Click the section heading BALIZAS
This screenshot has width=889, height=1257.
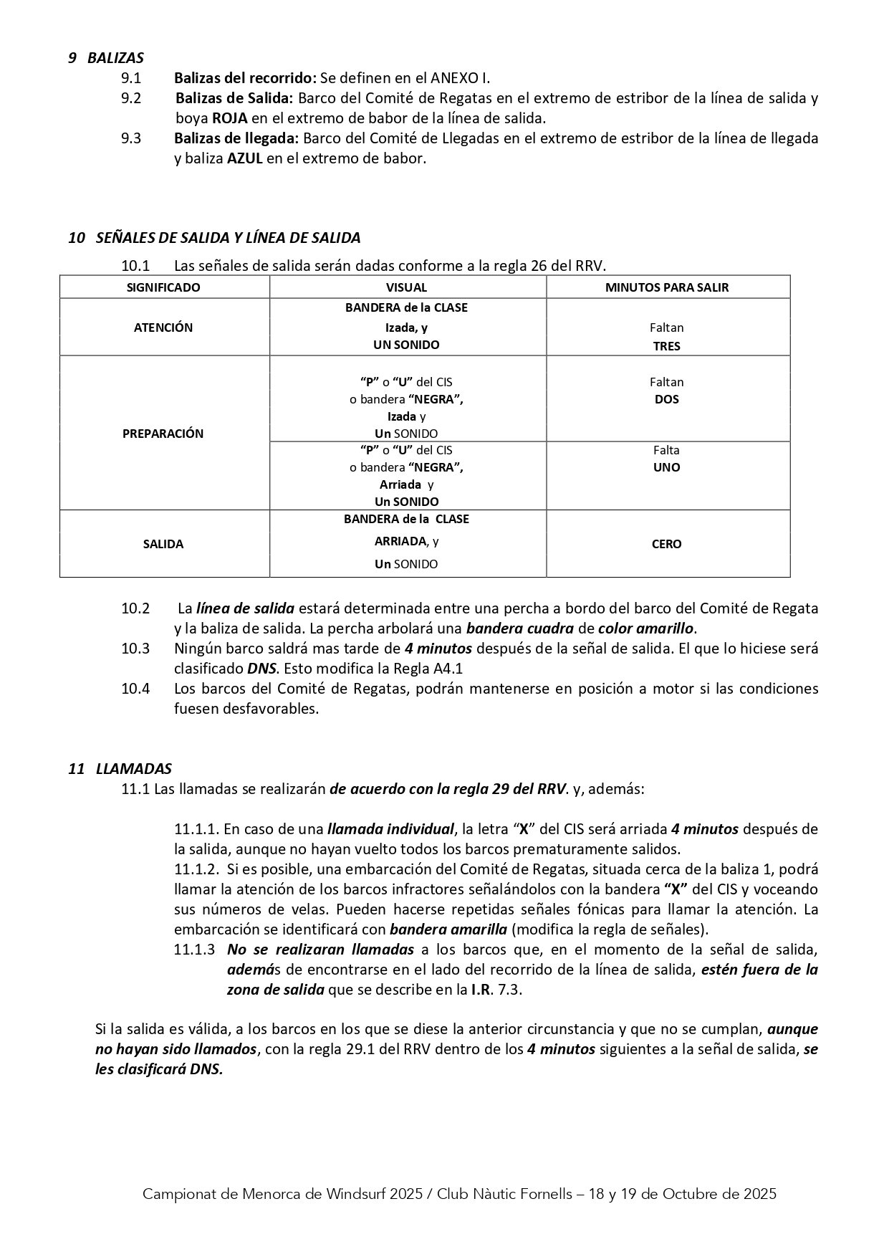[x=115, y=58]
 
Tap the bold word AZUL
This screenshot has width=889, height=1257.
[x=245, y=158]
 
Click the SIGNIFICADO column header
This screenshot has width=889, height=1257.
[x=163, y=287]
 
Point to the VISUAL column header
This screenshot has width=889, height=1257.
[x=406, y=287]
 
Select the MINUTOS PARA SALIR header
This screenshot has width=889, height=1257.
[x=666, y=287]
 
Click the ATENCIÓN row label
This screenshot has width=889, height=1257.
[x=163, y=328]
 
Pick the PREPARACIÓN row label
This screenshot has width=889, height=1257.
[x=163, y=434]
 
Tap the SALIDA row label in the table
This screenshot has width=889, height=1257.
[x=163, y=544]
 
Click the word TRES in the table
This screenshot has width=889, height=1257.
[x=666, y=345]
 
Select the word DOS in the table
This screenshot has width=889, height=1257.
[x=666, y=399]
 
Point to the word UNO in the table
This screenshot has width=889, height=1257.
[x=666, y=467]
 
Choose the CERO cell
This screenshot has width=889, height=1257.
[x=666, y=544]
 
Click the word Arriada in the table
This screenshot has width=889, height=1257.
[x=400, y=484]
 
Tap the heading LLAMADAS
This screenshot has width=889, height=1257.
[x=133, y=769]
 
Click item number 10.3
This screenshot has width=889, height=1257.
[x=135, y=649]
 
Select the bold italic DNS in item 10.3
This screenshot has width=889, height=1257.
[x=261, y=669]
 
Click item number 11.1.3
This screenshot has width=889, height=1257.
[x=194, y=950]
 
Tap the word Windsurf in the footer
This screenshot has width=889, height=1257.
[x=354, y=1194]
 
